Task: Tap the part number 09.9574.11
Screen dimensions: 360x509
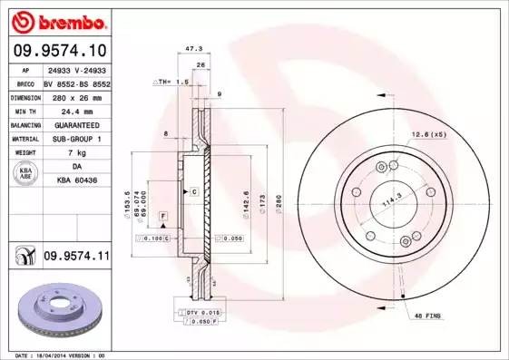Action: pos(76,258)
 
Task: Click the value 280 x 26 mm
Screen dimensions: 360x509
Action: pos(76,96)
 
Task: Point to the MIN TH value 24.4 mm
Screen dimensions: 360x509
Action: pos(76,110)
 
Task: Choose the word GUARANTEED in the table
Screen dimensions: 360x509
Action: pos(76,124)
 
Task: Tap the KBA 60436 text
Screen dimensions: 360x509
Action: pos(76,180)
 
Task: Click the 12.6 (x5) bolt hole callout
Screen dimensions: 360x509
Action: pos(428,134)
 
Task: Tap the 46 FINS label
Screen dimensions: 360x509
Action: pos(427,315)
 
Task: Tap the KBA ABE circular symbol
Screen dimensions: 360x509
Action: pos(25,174)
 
